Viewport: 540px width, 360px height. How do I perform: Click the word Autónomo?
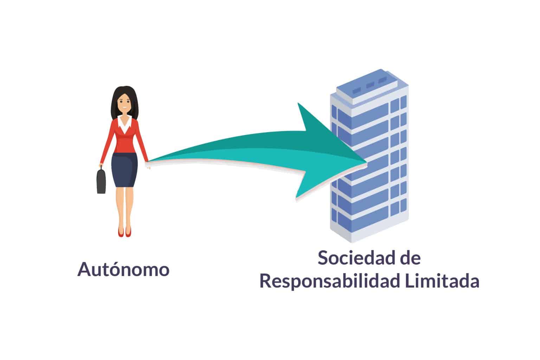click(x=123, y=270)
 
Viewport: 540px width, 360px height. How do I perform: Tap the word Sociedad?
click(x=353, y=258)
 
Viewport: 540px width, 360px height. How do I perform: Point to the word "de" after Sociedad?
click(x=411, y=258)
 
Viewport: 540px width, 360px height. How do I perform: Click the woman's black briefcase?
click(x=102, y=181)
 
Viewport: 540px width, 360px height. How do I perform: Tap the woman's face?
click(x=124, y=103)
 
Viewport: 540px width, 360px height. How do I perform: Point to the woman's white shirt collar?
click(x=124, y=122)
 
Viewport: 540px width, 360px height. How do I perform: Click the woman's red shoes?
click(x=124, y=232)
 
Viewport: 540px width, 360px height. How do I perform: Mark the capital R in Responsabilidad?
click(x=265, y=281)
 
